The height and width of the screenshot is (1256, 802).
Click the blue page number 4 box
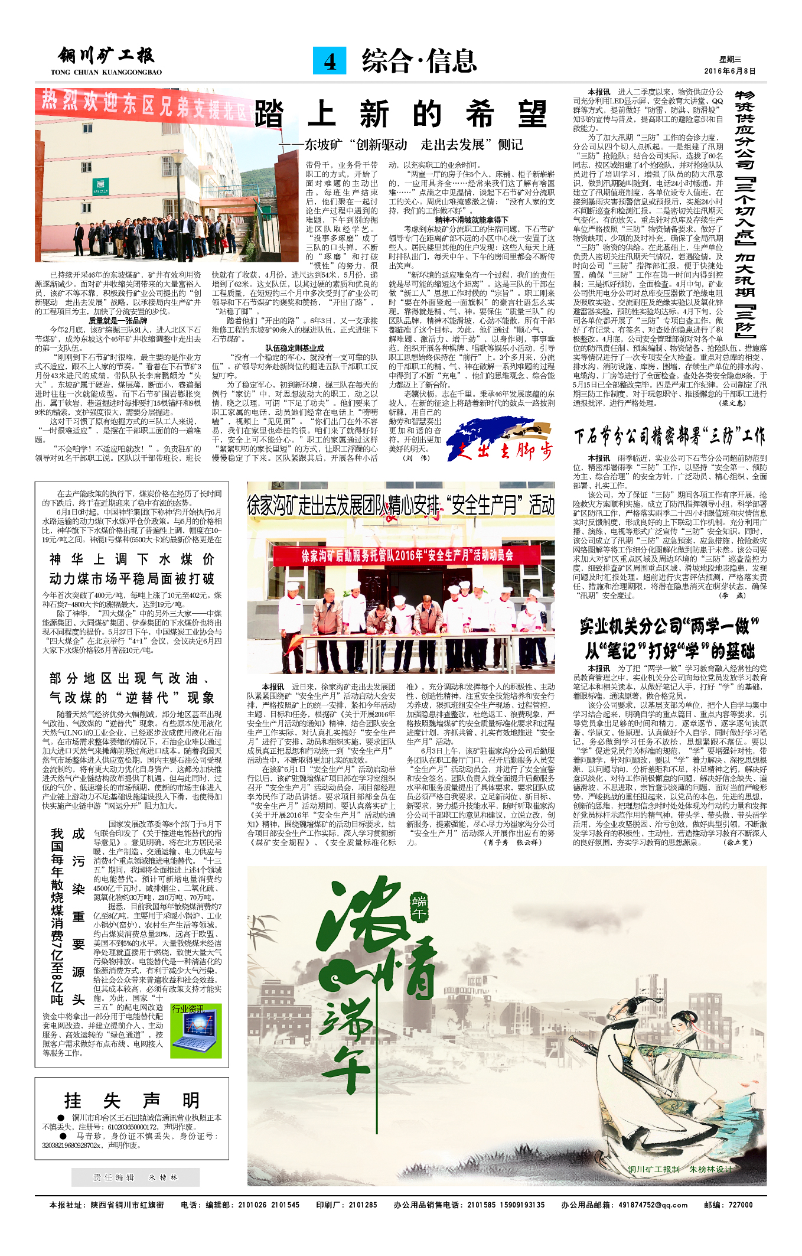coord(330,61)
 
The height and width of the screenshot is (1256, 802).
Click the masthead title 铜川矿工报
coord(106,56)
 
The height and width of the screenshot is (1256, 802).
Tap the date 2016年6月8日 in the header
coord(729,71)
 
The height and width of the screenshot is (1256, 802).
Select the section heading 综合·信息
coord(419,61)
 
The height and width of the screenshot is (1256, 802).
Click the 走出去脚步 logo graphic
coord(500,439)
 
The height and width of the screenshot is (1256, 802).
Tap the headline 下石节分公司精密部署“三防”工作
coord(669,437)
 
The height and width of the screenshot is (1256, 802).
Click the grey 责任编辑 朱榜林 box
coord(135,1177)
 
